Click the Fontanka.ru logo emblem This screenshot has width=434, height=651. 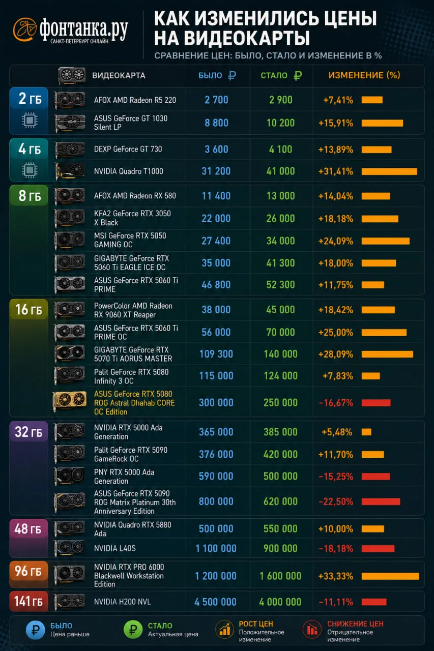coord(24,29)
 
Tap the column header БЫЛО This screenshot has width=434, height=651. coord(210,76)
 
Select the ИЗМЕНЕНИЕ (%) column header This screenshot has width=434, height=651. coord(364,75)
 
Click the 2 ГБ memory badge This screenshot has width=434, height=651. coord(29,99)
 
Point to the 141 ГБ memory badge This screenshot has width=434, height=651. coord(28,601)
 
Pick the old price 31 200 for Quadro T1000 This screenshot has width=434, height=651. coord(216,171)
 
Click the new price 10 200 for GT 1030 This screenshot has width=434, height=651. coord(280,123)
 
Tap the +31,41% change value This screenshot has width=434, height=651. coord(336,171)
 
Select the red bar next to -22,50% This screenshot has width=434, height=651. coord(381,501)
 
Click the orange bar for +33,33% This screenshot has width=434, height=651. coord(390,576)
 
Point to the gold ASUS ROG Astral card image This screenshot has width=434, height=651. coord(70,401)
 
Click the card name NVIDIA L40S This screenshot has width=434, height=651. coord(115,548)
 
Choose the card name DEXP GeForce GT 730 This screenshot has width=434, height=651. coord(128,149)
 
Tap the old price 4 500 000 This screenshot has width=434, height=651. coord(215,602)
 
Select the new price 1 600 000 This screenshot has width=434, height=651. coord(280,576)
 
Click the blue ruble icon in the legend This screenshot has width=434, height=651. coord(36,630)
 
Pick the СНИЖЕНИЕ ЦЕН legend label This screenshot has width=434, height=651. coord(355,624)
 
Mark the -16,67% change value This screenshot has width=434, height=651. coord(336,403)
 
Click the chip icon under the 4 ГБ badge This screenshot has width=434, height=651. coord(30,170)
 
